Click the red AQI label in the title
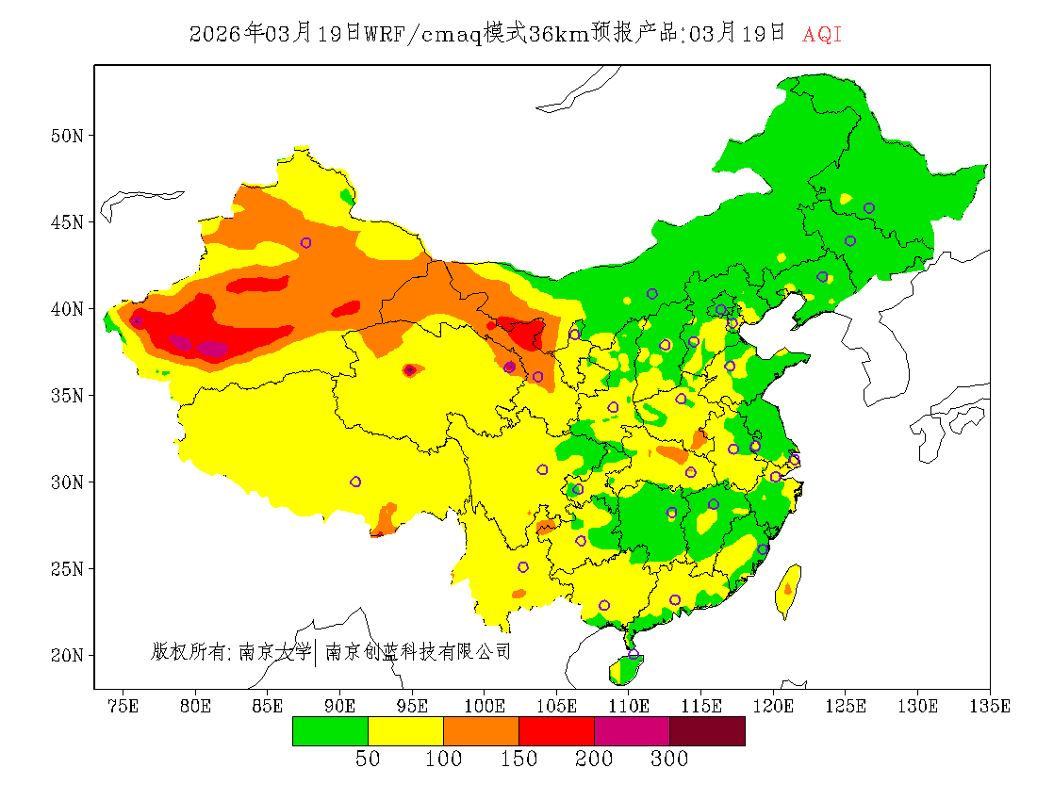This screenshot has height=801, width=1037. [x=822, y=35]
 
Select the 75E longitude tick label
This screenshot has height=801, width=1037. [x=123, y=706]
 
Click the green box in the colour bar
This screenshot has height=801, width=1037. [x=330, y=731]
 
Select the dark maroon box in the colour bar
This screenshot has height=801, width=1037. [x=707, y=731]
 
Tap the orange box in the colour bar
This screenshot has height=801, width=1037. [x=481, y=731]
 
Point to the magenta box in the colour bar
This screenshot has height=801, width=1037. [x=632, y=731]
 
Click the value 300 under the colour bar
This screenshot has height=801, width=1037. [x=669, y=760]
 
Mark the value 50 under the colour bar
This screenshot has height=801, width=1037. [x=368, y=760]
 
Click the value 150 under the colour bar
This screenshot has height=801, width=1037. [x=518, y=760]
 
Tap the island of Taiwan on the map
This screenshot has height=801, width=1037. [x=788, y=590]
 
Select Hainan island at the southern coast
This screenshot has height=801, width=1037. [x=625, y=669]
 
